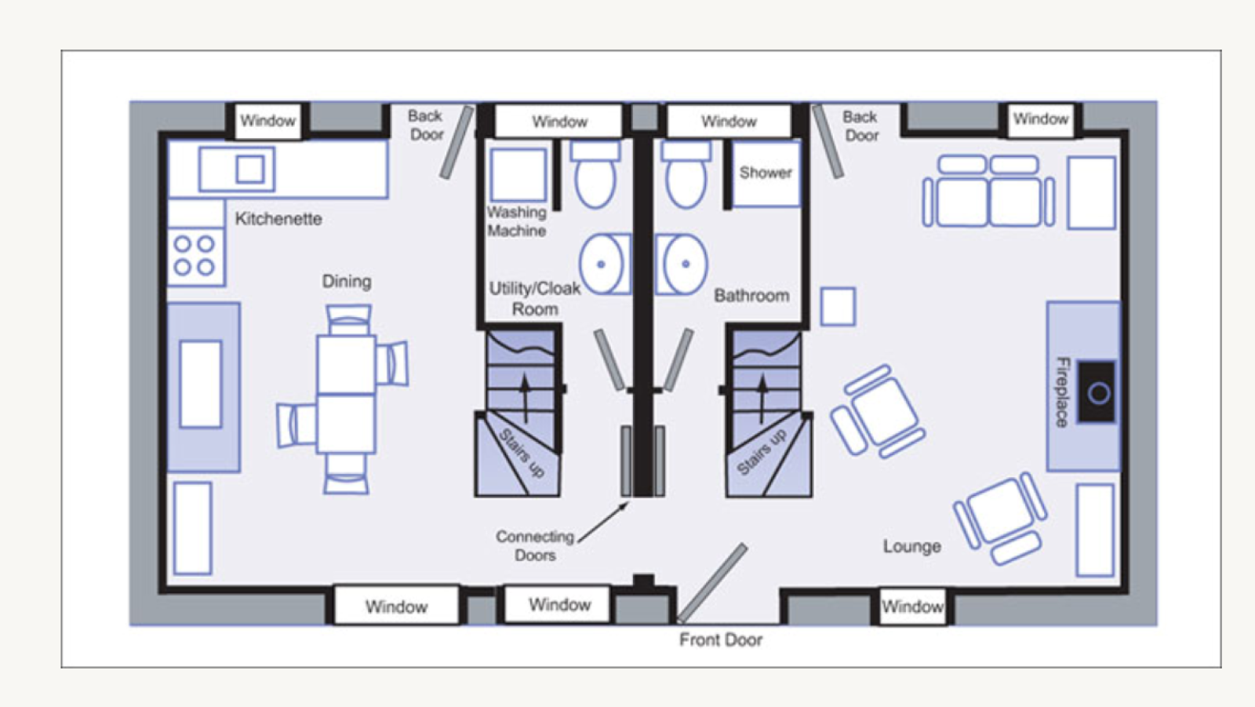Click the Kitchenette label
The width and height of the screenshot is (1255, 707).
[x=278, y=218]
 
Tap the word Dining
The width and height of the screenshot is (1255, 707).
[x=346, y=281]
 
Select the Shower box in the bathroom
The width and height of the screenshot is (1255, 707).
[x=766, y=173]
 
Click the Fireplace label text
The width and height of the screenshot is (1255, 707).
[x=1062, y=392]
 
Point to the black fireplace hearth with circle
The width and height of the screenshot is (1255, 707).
[x=1097, y=392]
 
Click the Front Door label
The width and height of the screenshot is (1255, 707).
[x=721, y=640]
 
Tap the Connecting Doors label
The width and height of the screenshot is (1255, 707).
[x=535, y=545]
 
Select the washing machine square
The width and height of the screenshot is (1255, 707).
[x=518, y=174]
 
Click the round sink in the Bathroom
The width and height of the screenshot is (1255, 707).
[x=682, y=264]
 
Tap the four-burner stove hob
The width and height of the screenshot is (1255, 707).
[x=195, y=257]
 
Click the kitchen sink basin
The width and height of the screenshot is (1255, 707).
[x=250, y=169]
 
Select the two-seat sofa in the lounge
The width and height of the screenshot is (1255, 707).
[x=988, y=191]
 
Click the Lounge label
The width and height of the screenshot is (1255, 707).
[x=912, y=546]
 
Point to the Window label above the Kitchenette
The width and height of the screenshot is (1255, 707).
[x=267, y=121]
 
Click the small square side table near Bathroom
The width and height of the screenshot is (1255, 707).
[x=838, y=307]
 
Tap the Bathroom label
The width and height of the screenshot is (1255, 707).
[x=751, y=296]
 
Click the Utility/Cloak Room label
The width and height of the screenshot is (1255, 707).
[x=534, y=298]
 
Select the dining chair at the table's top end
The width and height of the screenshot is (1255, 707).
[x=348, y=319]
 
